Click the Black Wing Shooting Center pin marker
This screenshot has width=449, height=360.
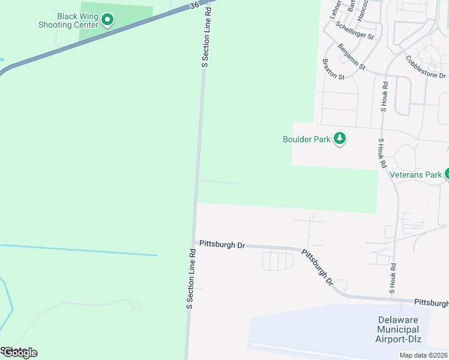pyautogui.click(x=107, y=20)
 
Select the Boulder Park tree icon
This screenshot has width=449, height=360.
pyautogui.click(x=340, y=139)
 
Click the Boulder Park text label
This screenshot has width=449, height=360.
pyautogui.click(x=306, y=139)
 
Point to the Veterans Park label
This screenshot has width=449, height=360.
pyautogui.click(x=415, y=175)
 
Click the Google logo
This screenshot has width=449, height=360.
pyautogui.click(x=19, y=353)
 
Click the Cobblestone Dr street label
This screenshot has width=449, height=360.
pyautogui.click(x=426, y=67)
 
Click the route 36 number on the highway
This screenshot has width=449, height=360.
pyautogui.click(x=193, y=5)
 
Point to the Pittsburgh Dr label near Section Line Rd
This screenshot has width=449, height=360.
pyautogui.click(x=222, y=245)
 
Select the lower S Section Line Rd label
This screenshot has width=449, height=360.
pyautogui.click(x=191, y=279)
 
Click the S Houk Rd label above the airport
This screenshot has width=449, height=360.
pyautogui.click(x=393, y=277)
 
